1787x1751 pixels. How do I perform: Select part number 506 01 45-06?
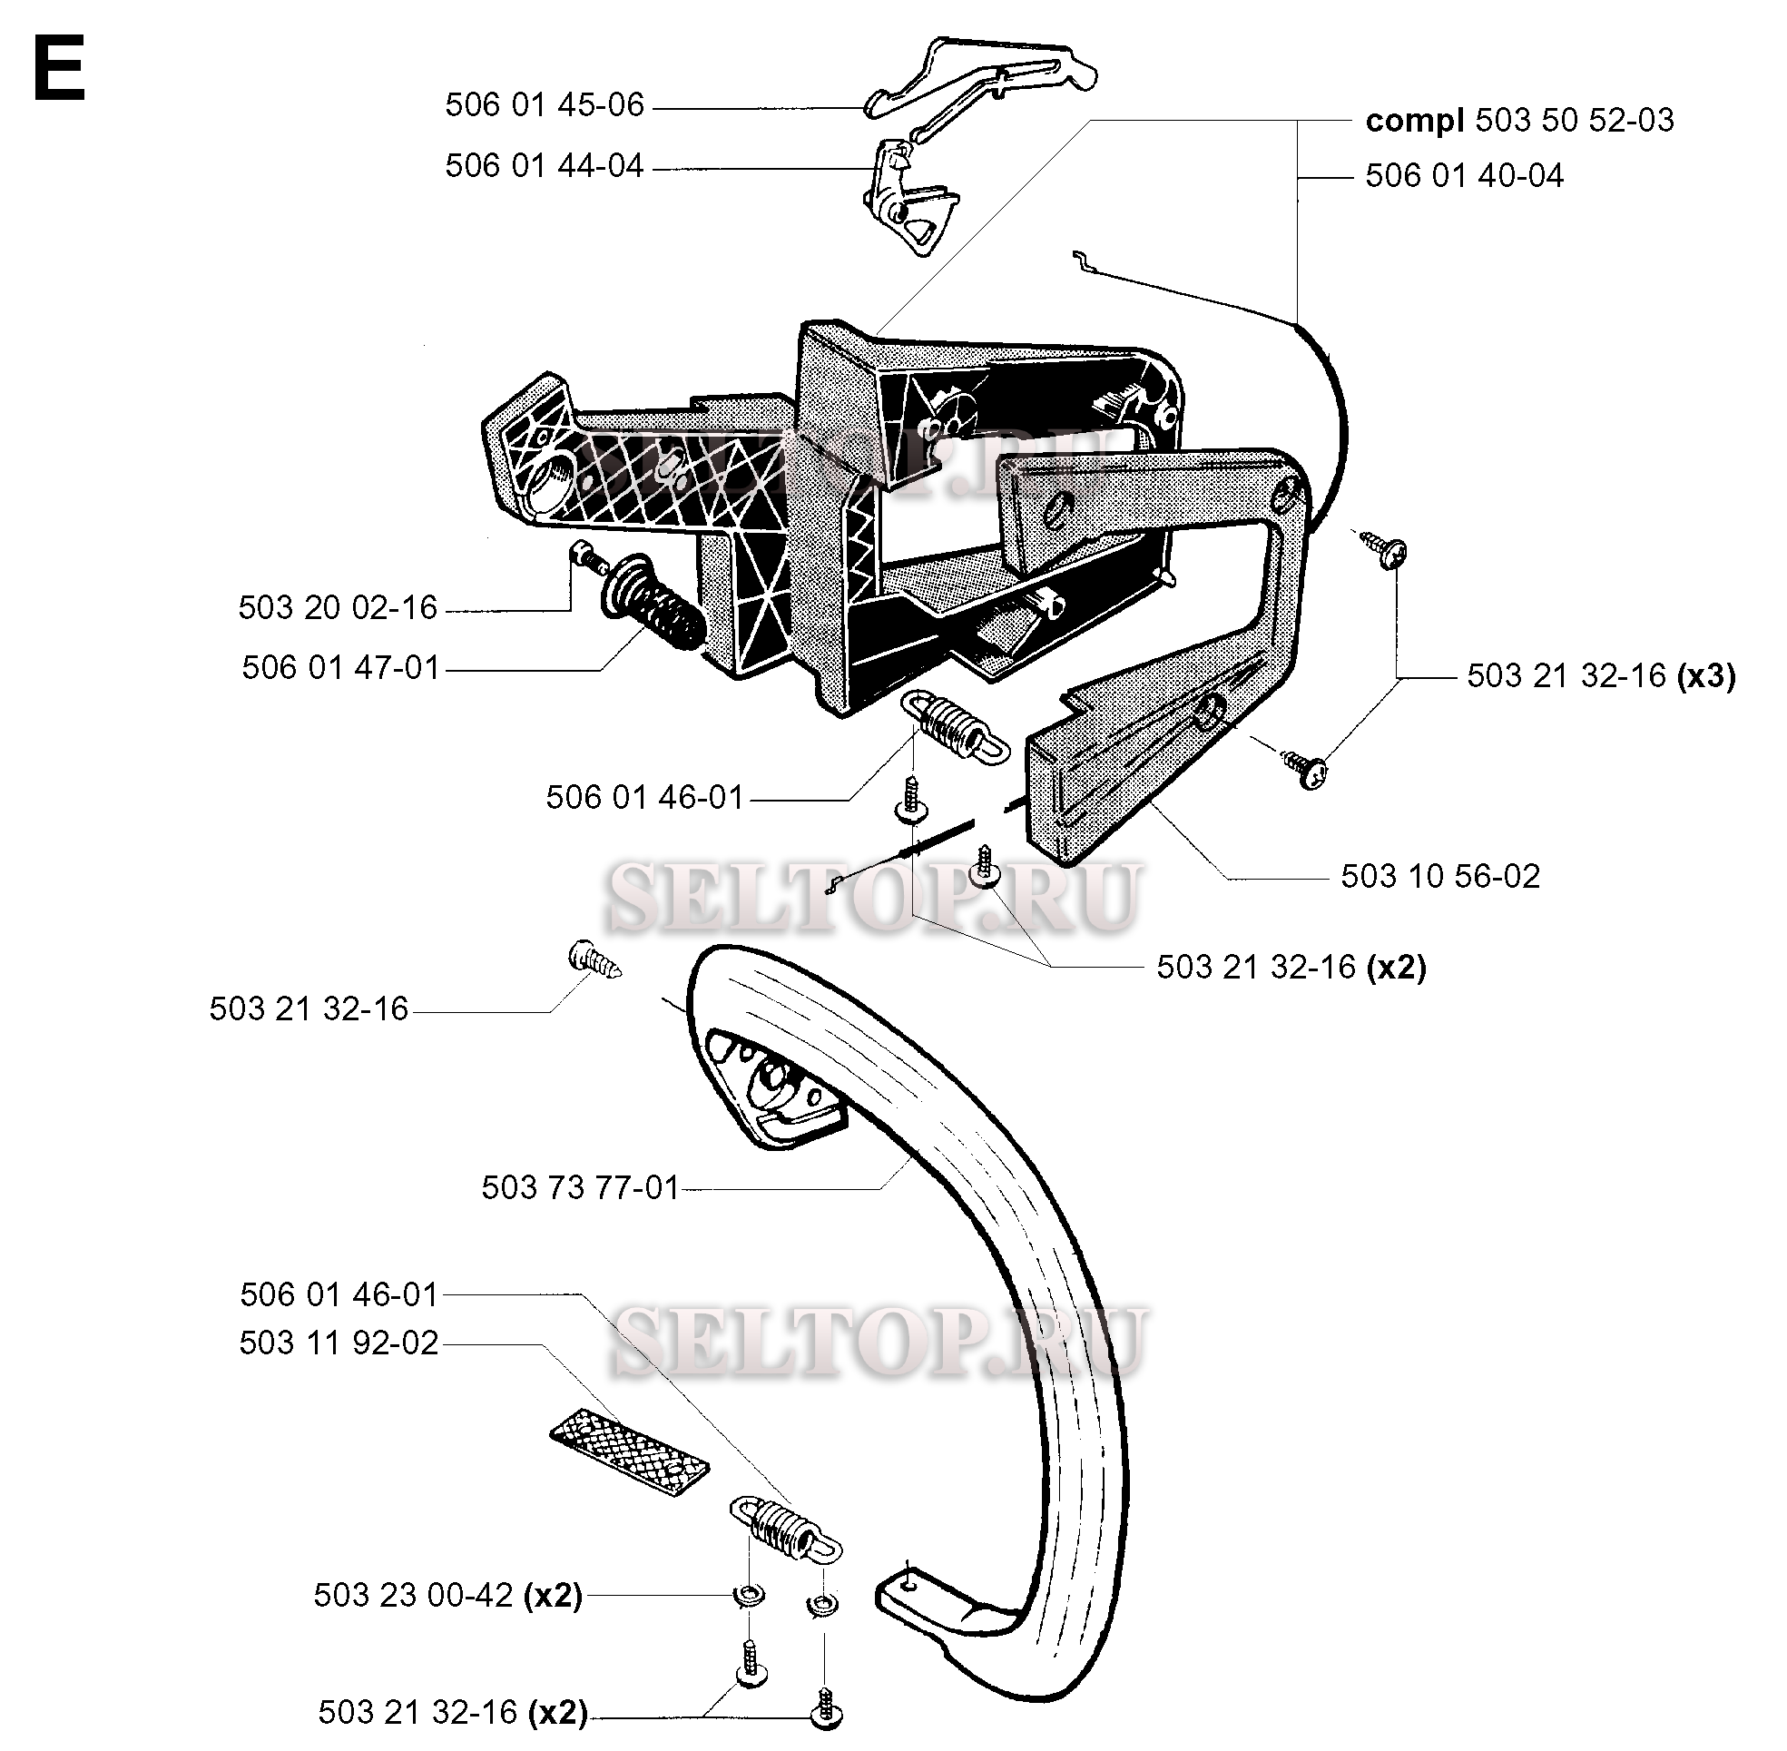[x=545, y=104]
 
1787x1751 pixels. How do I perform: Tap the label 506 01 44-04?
[x=545, y=165]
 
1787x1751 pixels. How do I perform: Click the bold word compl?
[x=1415, y=121]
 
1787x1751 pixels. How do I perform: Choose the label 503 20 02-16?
[x=338, y=608]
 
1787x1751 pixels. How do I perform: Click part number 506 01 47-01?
[x=341, y=668]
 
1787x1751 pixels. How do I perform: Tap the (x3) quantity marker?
[x=1706, y=676]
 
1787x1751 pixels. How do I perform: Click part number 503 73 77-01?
[x=580, y=1187]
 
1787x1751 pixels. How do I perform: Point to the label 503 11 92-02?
[x=339, y=1343]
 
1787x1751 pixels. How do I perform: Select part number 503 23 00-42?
[x=413, y=1595]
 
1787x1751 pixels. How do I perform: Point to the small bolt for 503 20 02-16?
[x=585, y=556]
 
